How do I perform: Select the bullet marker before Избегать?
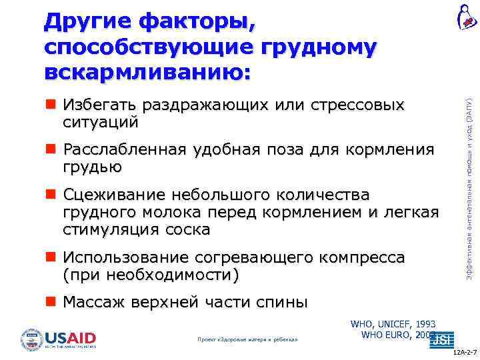pos(51,105)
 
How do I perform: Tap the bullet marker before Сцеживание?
pos(51,195)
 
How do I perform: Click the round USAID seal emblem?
pos(31,339)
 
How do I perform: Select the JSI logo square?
pos(442,339)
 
